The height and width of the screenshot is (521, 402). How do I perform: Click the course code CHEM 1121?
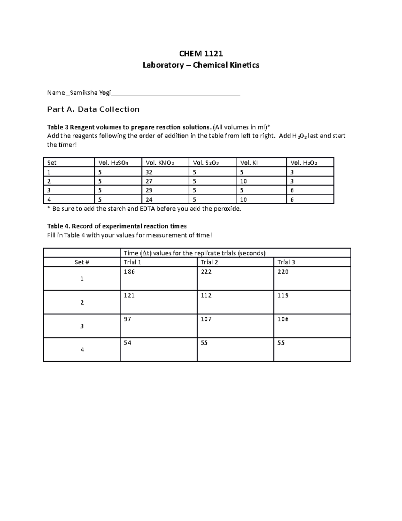pyautogui.click(x=201, y=54)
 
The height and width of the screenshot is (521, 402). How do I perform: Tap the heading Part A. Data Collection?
pyautogui.click(x=93, y=109)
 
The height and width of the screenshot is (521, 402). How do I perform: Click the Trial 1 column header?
pyautogui.click(x=132, y=262)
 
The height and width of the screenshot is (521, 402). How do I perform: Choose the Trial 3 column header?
pyautogui.click(x=286, y=262)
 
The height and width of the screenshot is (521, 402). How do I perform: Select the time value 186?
pyautogui.click(x=129, y=272)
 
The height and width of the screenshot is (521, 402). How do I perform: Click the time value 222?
pyautogui.click(x=206, y=272)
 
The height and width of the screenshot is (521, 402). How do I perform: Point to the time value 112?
pyautogui.click(x=206, y=296)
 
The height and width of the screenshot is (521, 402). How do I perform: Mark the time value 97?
pyautogui.click(x=127, y=319)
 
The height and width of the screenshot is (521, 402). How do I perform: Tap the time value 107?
pyautogui.click(x=206, y=319)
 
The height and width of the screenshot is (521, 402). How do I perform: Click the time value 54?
pyautogui.click(x=127, y=343)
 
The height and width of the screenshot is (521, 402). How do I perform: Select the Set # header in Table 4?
pyautogui.click(x=82, y=262)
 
